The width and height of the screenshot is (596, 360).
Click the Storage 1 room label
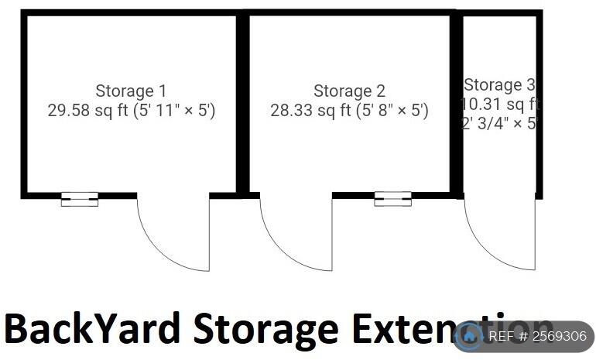pos(131,91)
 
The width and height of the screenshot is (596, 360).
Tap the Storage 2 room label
pos(349,91)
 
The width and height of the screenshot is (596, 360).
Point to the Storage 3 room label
pos(499,85)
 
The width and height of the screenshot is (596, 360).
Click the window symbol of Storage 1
pos(80,199)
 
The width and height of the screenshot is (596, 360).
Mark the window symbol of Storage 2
pos(392,199)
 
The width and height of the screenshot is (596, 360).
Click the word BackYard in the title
pos(93,330)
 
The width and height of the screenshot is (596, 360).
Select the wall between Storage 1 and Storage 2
pos(243,105)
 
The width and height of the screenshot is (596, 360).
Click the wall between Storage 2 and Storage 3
pos(457,105)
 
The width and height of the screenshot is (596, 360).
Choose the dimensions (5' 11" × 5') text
pos(175,111)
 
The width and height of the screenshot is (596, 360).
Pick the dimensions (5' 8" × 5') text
pos(392,111)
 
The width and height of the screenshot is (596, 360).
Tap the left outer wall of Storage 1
pos(24,105)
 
